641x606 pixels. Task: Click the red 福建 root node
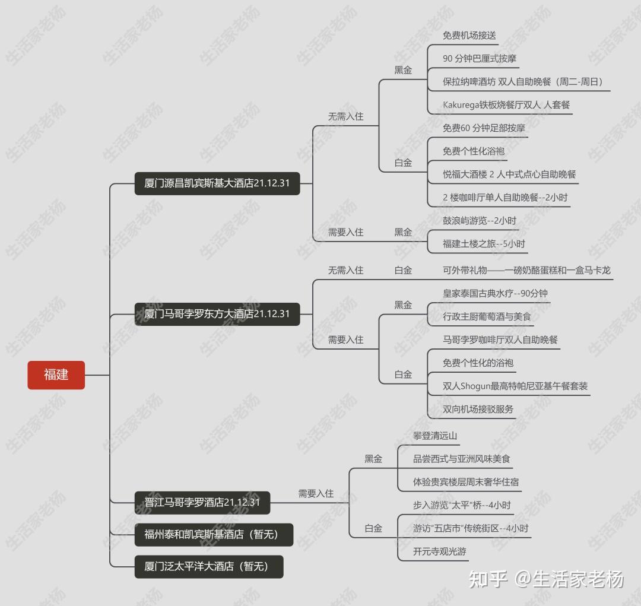tap(56, 375)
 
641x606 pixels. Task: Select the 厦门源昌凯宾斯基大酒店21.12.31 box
tap(217, 183)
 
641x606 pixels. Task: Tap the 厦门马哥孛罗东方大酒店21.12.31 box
tap(217, 314)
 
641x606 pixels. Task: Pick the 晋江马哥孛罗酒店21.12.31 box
tap(202, 503)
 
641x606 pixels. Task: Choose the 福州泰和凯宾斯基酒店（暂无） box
tap(211, 534)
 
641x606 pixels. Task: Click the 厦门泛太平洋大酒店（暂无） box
tap(207, 567)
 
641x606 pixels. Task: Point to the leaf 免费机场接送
tap(469, 36)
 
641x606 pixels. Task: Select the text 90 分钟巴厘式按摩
tap(480, 59)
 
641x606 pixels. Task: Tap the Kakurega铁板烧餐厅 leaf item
tap(506, 105)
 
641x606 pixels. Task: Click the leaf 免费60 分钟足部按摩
tap(484, 128)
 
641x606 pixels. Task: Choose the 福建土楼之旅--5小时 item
tap(484, 244)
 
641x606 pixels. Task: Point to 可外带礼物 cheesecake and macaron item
tap(526, 271)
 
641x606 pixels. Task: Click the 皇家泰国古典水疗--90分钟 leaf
tap(495, 294)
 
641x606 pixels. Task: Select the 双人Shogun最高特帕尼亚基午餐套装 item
tap(515, 386)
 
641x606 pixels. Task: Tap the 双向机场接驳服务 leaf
tap(478, 410)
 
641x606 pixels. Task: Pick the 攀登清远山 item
tap(435, 436)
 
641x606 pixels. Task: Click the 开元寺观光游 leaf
tap(439, 552)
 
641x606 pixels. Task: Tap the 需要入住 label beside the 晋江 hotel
tap(316, 494)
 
